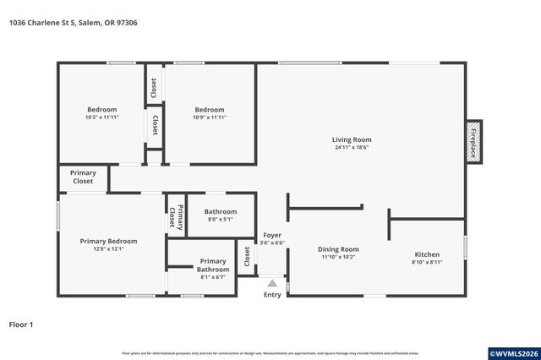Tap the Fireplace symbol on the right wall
(473, 140)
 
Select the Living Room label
(351, 139)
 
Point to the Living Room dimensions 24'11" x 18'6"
(351, 148)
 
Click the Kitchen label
(427, 254)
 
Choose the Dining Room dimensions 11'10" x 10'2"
(338, 257)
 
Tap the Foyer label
(272, 235)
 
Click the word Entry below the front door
(272, 295)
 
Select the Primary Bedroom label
(108, 241)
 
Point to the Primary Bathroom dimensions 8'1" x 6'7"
(213, 276)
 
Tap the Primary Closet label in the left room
(83, 177)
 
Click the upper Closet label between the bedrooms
(154, 87)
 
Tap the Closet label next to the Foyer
(247, 255)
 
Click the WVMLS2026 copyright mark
(514, 352)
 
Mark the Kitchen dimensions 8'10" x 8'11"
(427, 262)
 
